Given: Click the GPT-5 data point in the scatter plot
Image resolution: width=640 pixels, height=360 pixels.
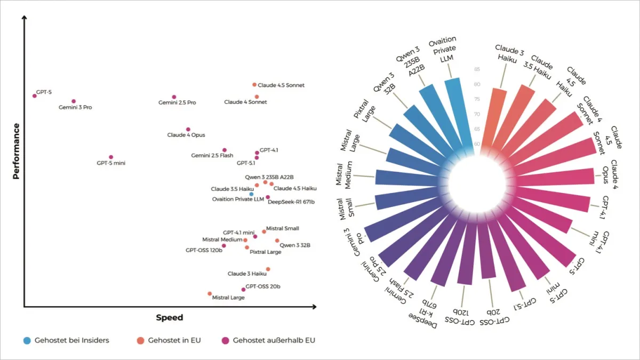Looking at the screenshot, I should (35, 96).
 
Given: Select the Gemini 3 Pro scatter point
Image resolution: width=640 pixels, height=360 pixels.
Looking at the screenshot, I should (74, 101).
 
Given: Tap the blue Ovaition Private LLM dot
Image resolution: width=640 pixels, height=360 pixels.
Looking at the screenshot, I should (251, 194).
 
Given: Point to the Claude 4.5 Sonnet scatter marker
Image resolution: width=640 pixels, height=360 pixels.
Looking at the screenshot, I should (254, 85).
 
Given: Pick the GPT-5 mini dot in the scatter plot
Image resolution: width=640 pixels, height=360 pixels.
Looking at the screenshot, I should (111, 157).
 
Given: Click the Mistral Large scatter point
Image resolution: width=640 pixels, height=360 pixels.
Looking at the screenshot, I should (210, 294).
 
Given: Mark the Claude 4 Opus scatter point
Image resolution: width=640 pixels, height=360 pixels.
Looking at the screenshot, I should (188, 130).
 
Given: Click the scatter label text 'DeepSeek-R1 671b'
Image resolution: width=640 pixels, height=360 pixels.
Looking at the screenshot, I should (291, 202).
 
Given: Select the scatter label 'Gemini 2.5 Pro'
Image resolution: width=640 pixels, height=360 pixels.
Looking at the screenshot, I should (177, 103).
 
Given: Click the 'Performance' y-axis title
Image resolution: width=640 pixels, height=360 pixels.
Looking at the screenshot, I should (17, 151).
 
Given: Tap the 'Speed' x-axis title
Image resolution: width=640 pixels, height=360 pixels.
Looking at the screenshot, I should (169, 318).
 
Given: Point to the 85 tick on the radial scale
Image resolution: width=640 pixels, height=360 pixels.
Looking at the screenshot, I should (476, 69).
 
